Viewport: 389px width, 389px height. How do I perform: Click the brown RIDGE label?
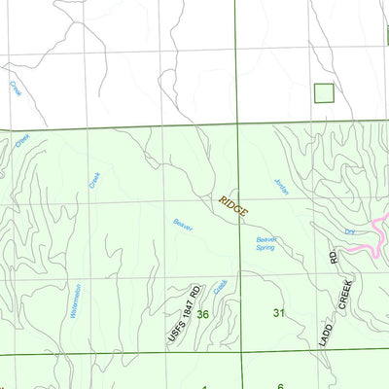pyautogui.click(x=233, y=205)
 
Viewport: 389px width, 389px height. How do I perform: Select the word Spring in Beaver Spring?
pyautogui.click(x=265, y=248)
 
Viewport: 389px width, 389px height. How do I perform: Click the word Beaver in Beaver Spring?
pyautogui.click(x=266, y=239)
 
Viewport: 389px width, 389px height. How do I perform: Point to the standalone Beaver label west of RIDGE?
pyautogui.click(x=183, y=225)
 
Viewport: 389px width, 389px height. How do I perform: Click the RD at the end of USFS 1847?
pyautogui.click(x=195, y=292)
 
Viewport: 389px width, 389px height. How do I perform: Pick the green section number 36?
pyautogui.click(x=202, y=313)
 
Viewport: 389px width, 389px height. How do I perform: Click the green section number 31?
pyautogui.click(x=279, y=312)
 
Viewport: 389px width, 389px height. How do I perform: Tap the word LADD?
pyautogui.click(x=328, y=329)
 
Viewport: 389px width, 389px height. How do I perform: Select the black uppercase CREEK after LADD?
pyautogui.click(x=343, y=293)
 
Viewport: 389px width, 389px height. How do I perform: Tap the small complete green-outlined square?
pyautogui.click(x=324, y=93)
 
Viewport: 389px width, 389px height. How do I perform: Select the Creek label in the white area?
pyautogui.click(x=16, y=88)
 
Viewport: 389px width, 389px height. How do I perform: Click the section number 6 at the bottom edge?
pyautogui.click(x=279, y=386)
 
